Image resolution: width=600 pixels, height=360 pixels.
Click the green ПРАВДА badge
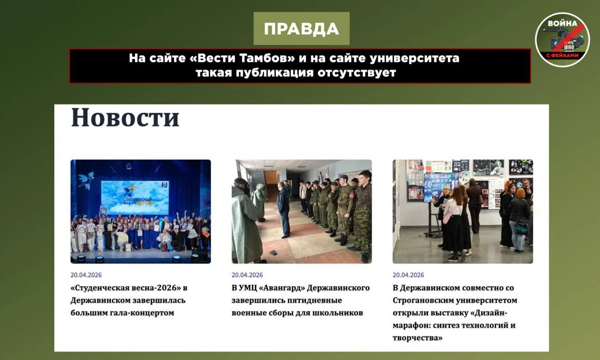[x=301, y=29]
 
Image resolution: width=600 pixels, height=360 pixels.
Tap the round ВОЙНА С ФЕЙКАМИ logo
[x=562, y=40]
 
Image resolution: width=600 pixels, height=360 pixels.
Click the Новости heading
[x=125, y=117]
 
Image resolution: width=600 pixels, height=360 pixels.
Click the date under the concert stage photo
[x=86, y=275]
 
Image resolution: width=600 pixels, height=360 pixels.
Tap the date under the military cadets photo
[x=247, y=275]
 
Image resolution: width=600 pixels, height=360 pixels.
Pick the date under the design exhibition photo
[x=408, y=275]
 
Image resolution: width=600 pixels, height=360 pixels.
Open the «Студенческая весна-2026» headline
[x=129, y=300]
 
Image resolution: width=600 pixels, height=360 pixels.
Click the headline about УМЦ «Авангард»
[x=300, y=300]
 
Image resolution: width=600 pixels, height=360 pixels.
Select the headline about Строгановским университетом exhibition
[x=455, y=313]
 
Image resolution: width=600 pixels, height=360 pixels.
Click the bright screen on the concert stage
[x=135, y=198]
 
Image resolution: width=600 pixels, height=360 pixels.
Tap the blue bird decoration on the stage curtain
[x=86, y=180]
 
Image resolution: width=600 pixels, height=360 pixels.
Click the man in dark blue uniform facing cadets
[x=284, y=210]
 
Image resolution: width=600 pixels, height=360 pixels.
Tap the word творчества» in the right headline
[x=417, y=338]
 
